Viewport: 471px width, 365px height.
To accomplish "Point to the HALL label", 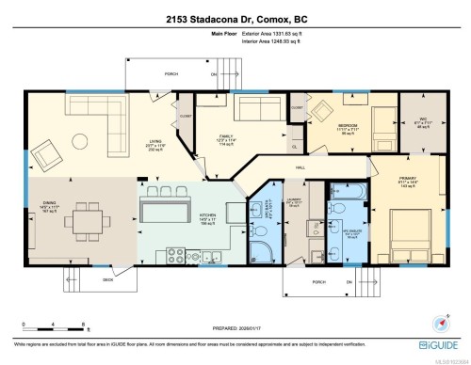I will click(300, 167).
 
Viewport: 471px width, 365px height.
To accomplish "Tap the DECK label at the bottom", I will click(107, 279).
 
